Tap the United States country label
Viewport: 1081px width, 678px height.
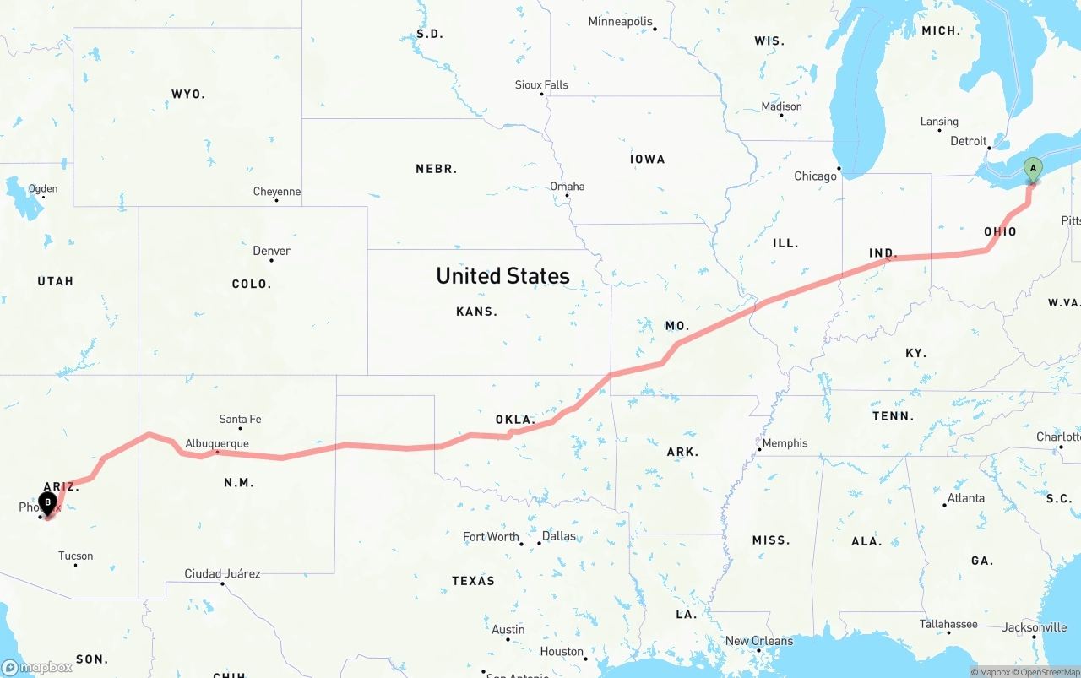click(502, 276)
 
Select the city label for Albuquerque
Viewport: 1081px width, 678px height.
click(217, 443)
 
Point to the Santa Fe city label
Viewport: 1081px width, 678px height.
click(240, 419)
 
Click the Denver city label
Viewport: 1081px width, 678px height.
click(271, 251)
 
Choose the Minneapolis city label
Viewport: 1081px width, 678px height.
click(621, 21)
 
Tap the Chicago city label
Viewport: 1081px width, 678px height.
click(815, 176)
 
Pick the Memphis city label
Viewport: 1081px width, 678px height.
click(785, 443)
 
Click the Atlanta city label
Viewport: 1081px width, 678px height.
click(965, 498)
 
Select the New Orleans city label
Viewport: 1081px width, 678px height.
click(759, 641)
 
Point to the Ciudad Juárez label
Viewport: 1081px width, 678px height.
click(222, 574)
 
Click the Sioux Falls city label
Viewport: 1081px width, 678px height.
click(541, 85)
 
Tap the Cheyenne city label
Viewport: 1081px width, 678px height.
click(277, 192)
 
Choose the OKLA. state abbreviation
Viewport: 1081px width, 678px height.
click(515, 420)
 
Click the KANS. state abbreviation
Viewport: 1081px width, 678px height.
click(476, 312)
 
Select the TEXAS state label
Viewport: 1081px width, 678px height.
click(473, 581)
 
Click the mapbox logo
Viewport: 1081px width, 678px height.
click(36, 667)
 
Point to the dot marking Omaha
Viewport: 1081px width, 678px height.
click(567, 196)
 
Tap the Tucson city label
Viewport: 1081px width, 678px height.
click(76, 556)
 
